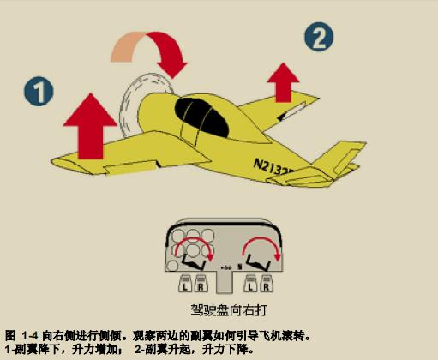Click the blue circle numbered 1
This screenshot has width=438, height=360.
[x=39, y=91]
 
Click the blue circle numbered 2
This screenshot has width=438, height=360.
[x=319, y=37]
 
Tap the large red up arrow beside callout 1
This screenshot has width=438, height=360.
[x=90, y=126]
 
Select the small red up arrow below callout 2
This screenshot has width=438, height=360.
[x=283, y=82]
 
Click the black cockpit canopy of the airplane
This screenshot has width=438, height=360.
[x=201, y=117]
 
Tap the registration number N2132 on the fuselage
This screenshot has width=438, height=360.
[x=273, y=167]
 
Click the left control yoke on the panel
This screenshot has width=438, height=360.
[x=194, y=262]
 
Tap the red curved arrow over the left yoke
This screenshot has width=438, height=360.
[x=195, y=239]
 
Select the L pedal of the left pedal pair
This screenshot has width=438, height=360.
[x=185, y=284]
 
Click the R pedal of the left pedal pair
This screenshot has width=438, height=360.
[x=201, y=284]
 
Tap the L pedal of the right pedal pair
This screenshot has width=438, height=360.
[x=250, y=284]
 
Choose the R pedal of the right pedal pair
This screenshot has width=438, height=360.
[x=267, y=284]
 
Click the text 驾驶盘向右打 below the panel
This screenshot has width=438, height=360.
[x=229, y=310]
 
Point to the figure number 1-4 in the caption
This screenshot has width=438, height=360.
[x=28, y=335]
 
